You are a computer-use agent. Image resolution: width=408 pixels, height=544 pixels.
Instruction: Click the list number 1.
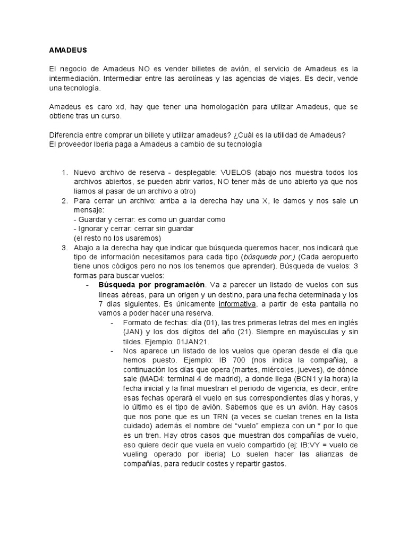click(x=64, y=173)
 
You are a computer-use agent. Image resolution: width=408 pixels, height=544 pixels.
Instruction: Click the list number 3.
click(x=64, y=248)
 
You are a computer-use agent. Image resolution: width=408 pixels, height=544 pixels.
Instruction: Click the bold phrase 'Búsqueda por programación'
click(x=152, y=285)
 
